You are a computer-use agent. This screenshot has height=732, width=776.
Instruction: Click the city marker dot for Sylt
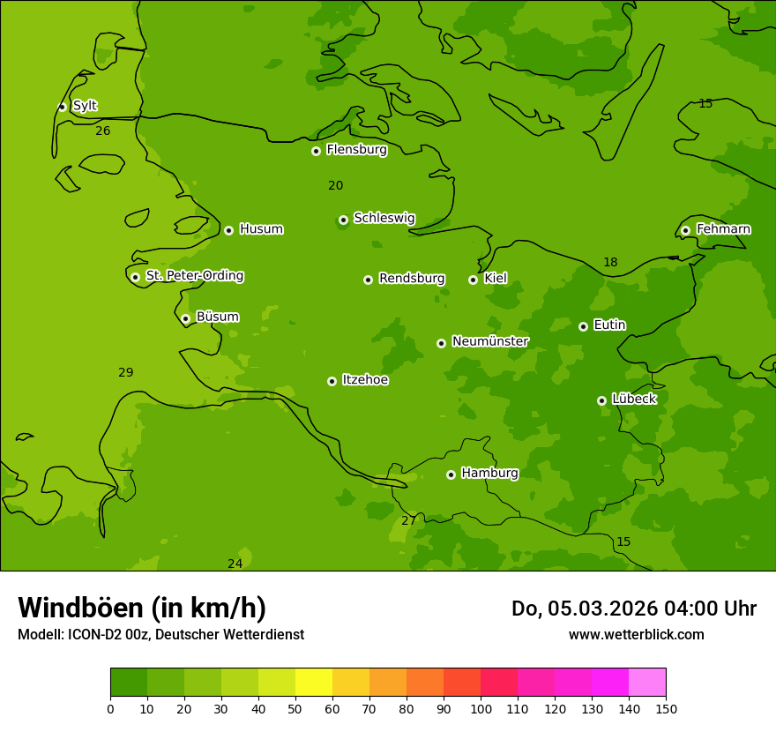pyautogui.click(x=62, y=107)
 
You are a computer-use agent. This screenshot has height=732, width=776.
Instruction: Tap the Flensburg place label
pyautogui.click(x=356, y=150)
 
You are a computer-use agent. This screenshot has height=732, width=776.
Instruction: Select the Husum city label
pyautogui.click(x=261, y=229)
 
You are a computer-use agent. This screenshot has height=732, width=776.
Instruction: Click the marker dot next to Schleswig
pyautogui.click(x=343, y=220)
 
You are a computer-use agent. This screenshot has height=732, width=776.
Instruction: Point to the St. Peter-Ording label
pyautogui.click(x=194, y=276)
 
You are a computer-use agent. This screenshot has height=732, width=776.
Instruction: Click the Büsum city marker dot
pyautogui.click(x=185, y=318)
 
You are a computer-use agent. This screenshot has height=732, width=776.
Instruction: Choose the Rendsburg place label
pyautogui.click(x=412, y=279)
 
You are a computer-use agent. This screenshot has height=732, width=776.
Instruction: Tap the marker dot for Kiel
pyautogui.click(x=473, y=280)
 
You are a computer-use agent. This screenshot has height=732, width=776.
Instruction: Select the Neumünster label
pyautogui.click(x=490, y=341)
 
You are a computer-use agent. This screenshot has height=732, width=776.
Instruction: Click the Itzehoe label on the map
pyautogui.click(x=365, y=380)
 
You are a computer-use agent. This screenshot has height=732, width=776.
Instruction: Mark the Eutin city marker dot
pyautogui.click(x=583, y=326)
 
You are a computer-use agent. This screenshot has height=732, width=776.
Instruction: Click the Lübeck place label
pyautogui.click(x=634, y=400)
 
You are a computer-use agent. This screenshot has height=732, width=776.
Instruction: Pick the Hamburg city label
pyautogui.click(x=489, y=474)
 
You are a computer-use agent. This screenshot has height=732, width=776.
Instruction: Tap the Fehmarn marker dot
pyautogui.click(x=685, y=230)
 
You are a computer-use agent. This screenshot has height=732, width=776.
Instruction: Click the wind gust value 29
pyautogui.click(x=126, y=373)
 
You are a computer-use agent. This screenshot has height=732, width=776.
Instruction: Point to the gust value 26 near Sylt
pyautogui.click(x=103, y=131)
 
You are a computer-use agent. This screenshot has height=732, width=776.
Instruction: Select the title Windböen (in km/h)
pyautogui.click(x=142, y=608)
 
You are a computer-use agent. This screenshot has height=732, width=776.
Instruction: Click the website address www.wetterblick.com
pyautogui.click(x=636, y=634)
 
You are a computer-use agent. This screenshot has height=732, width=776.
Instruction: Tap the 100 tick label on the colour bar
pyautogui.click(x=481, y=709)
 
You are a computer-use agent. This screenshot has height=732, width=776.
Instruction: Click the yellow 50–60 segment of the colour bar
pyautogui.click(x=314, y=683)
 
